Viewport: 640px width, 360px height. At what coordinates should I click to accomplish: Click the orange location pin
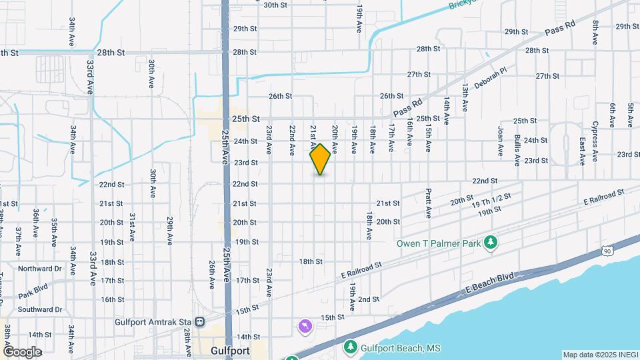tap(320, 159)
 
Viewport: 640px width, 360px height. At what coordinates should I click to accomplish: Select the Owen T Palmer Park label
tap(439, 243)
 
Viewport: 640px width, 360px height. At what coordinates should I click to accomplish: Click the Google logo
tap(22, 351)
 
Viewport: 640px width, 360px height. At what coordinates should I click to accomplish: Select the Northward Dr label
tap(39, 269)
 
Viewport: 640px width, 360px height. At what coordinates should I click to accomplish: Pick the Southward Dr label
tap(39, 309)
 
